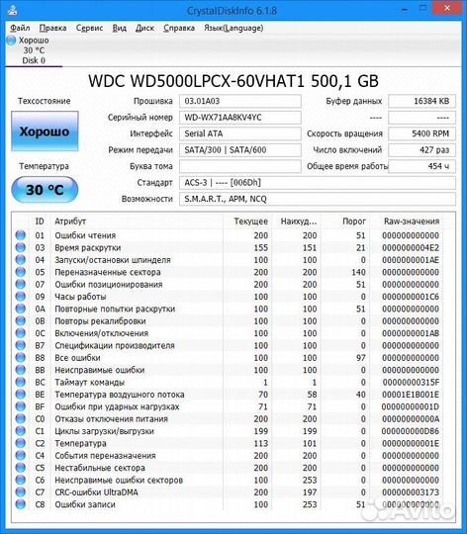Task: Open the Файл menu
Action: click(x=20, y=28)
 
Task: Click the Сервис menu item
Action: click(x=89, y=28)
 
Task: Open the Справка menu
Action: click(x=179, y=28)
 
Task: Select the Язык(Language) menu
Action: click(x=233, y=28)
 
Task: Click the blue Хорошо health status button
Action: click(x=44, y=132)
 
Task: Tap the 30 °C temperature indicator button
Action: click(x=44, y=190)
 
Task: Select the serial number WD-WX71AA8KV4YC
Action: click(x=238, y=117)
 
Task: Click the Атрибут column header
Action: click(x=69, y=222)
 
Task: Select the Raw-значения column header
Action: click(x=412, y=222)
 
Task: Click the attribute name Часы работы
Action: click(x=79, y=297)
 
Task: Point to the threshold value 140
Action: click(x=356, y=272)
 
